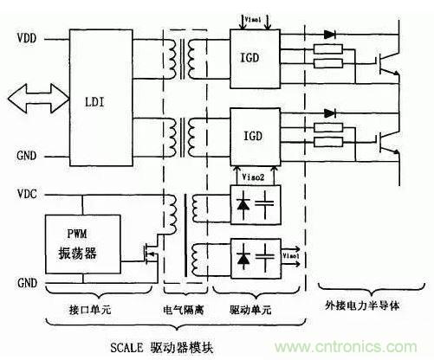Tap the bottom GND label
[27, 283]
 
